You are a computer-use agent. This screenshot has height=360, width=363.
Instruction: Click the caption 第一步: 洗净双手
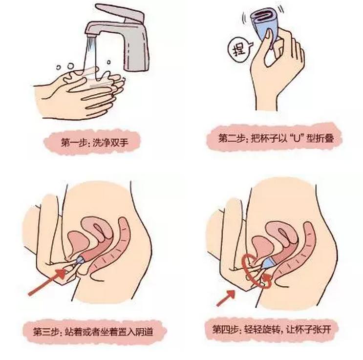[x=94, y=142]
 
